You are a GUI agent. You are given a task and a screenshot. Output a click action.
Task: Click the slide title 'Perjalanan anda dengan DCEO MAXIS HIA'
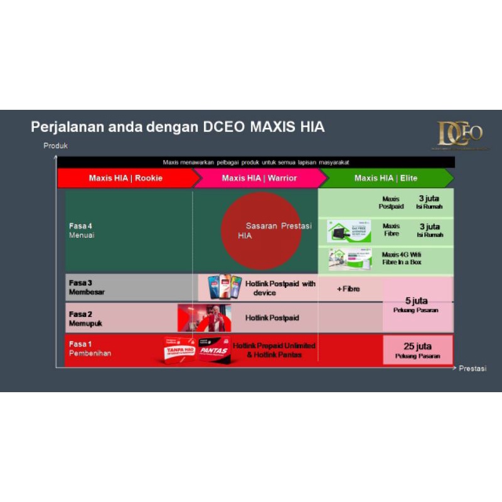pyautogui.click(x=178, y=127)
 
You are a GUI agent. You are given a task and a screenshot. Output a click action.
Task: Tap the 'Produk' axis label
pyautogui.click(x=55, y=146)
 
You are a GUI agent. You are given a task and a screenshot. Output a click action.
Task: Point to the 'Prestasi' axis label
pyautogui.click(x=472, y=368)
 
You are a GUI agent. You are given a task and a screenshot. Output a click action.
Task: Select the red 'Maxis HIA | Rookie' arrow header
pyautogui.click(x=126, y=178)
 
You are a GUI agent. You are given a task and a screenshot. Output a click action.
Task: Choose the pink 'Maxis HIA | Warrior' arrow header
pyautogui.click(x=259, y=178)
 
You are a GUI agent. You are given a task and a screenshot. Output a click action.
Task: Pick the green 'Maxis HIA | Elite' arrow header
pyautogui.click(x=386, y=178)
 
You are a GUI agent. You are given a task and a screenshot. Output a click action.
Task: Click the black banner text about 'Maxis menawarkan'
pyautogui.click(x=256, y=162)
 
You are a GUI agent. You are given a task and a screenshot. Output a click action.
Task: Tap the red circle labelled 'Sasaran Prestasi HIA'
pyautogui.click(x=261, y=230)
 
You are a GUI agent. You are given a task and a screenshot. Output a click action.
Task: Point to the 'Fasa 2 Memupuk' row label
pyautogui.click(x=85, y=318)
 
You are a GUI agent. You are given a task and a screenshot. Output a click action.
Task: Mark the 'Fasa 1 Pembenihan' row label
pyautogui.click(x=90, y=349)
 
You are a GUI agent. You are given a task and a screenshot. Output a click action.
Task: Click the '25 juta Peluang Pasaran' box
pyautogui.click(x=418, y=350)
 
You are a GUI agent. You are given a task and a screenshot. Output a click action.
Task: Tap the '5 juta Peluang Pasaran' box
pyautogui.click(x=418, y=304)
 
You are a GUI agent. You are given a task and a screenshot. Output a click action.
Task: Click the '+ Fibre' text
pyautogui.click(x=348, y=289)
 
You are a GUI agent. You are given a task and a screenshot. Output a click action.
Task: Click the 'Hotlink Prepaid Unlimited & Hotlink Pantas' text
pyautogui.click(x=274, y=350)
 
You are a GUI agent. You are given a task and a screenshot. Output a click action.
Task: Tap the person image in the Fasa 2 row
pyautogui.click(x=205, y=318)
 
